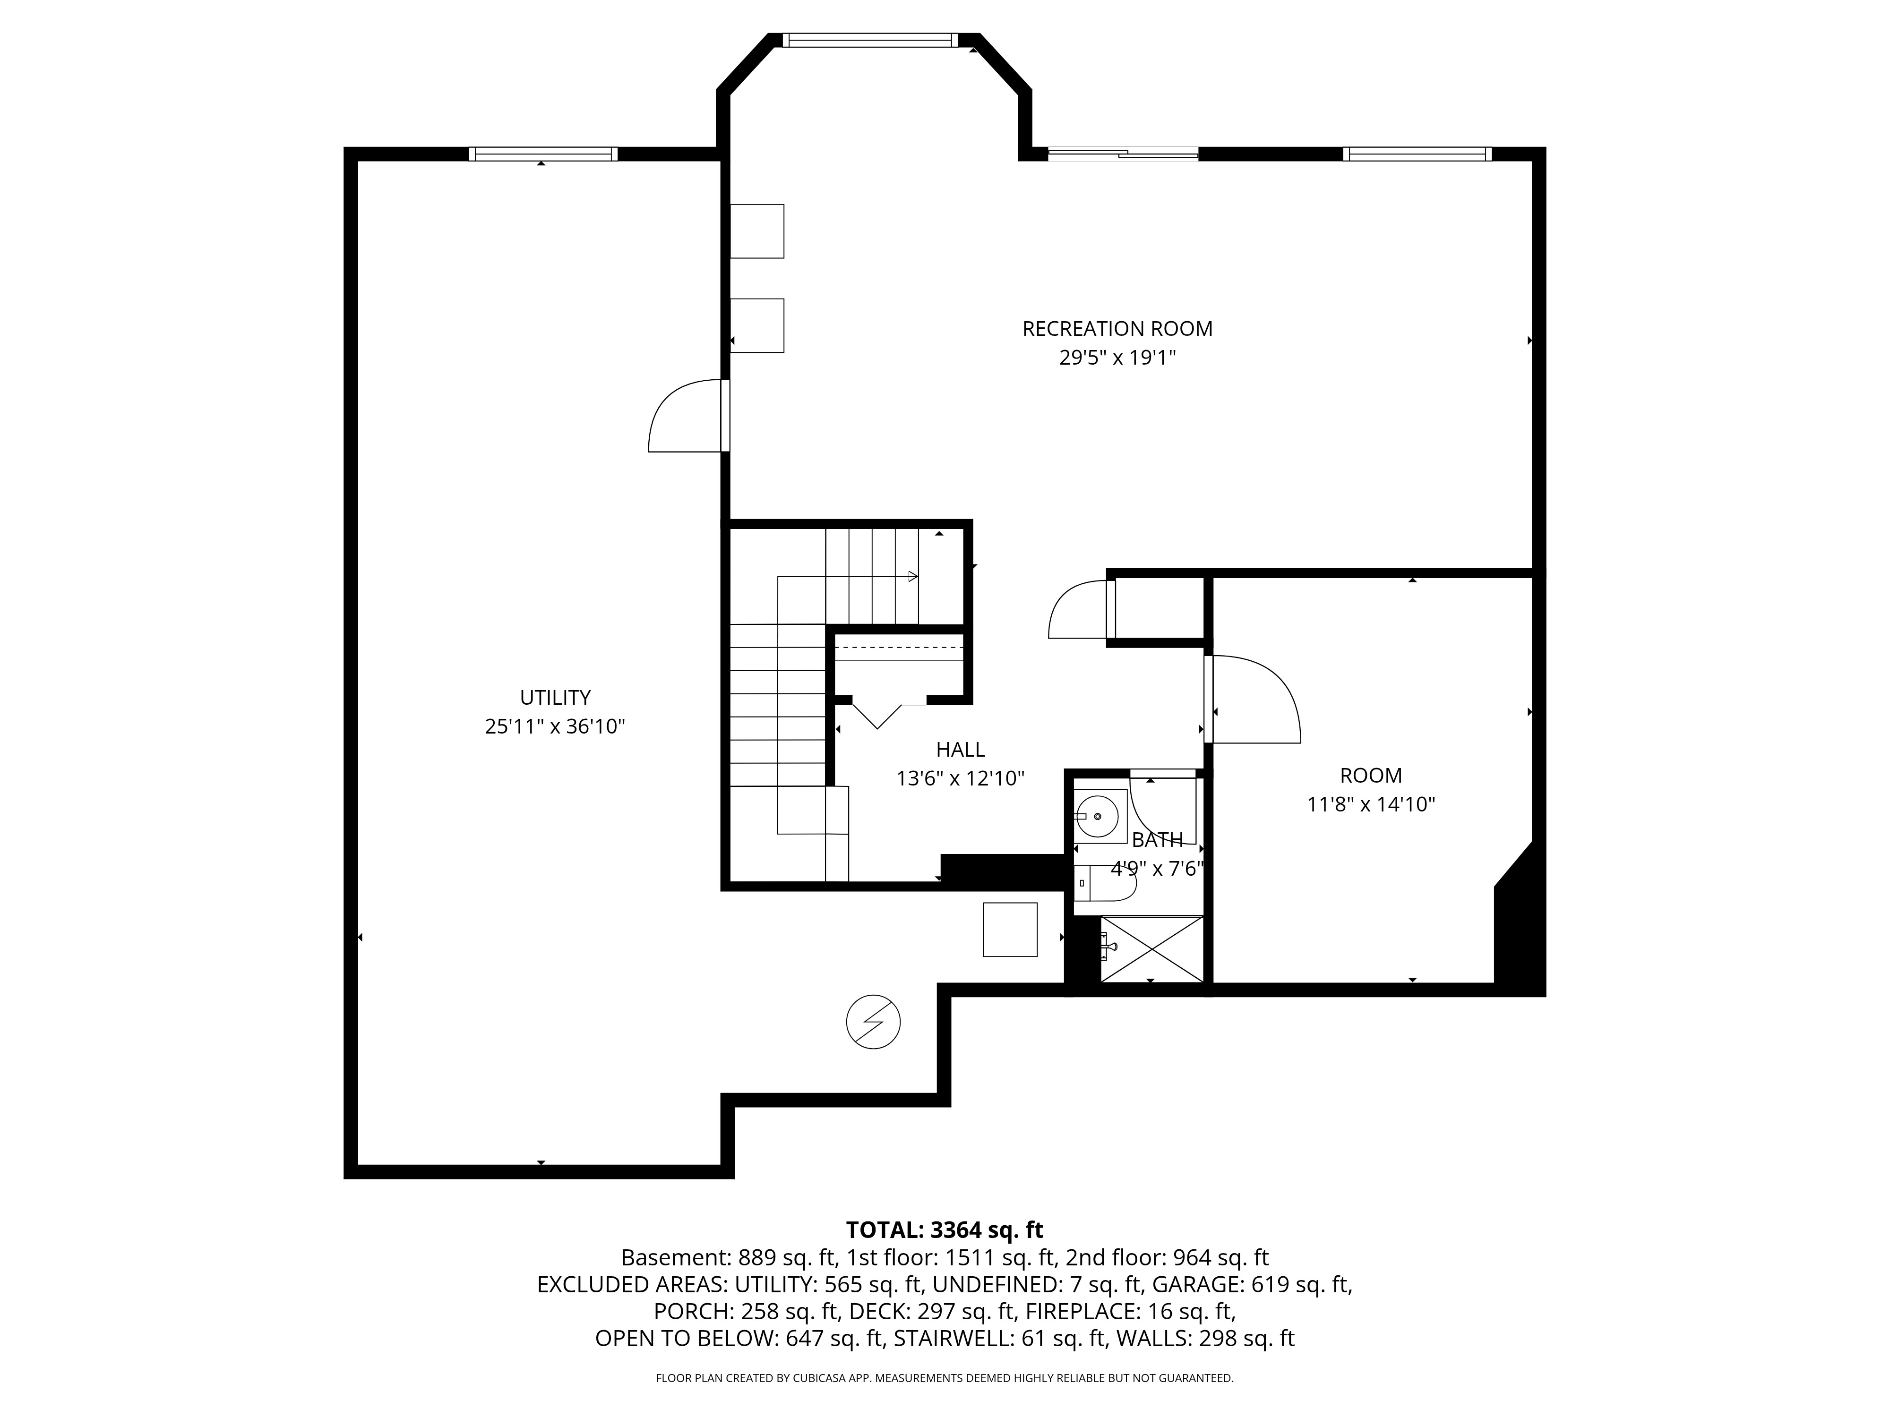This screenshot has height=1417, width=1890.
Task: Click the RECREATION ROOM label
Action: coord(1117,329)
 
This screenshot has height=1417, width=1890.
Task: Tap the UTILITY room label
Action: coord(555,698)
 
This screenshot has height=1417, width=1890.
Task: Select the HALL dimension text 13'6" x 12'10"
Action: coord(961,779)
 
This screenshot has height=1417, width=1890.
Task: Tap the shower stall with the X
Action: coord(1152,949)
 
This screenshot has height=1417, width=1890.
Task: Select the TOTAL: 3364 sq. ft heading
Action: coord(944,1230)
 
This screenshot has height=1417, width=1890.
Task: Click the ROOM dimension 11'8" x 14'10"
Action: coord(1371,804)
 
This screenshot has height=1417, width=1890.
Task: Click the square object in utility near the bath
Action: coord(1010,929)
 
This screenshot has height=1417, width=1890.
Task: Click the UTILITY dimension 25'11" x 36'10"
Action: coord(555,727)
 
